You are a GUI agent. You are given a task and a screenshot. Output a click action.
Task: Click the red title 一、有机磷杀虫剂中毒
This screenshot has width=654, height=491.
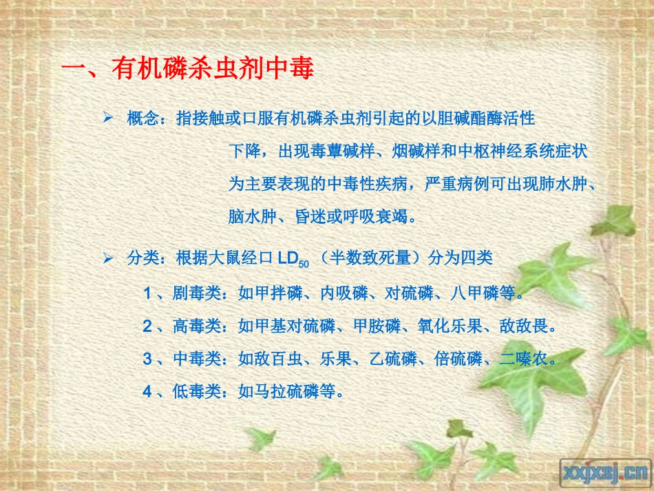[188, 70]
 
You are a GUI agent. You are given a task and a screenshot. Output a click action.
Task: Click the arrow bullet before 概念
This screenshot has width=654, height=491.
[107, 118]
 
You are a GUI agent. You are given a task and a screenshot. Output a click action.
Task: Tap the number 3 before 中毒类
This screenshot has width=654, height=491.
[147, 359]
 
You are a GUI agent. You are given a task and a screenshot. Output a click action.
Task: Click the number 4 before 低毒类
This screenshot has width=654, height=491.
[147, 392]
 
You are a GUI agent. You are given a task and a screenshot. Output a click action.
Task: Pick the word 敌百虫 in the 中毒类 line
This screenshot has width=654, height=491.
[279, 359]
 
